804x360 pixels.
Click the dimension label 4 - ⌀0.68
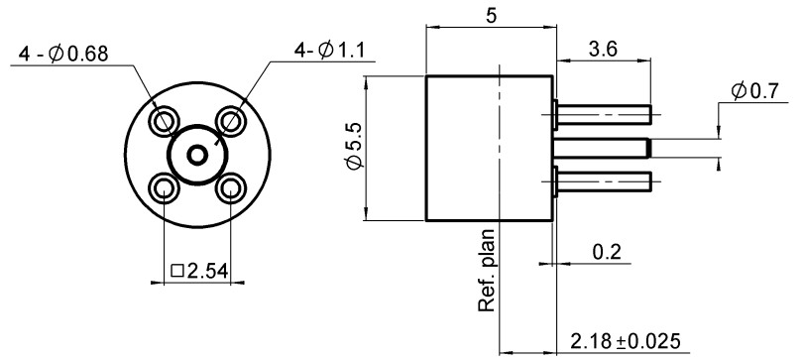pos(63,54)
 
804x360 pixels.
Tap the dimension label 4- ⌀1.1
pos(329,50)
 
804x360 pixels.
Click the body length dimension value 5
pos(491,16)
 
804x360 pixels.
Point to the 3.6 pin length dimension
pos(603,50)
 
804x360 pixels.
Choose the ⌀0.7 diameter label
pos(755,91)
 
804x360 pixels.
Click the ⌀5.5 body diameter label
pos(354,146)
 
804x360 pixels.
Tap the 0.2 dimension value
pos(607,252)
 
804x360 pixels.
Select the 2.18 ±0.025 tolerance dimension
pos(625,340)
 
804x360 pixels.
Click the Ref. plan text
pos(487,270)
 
